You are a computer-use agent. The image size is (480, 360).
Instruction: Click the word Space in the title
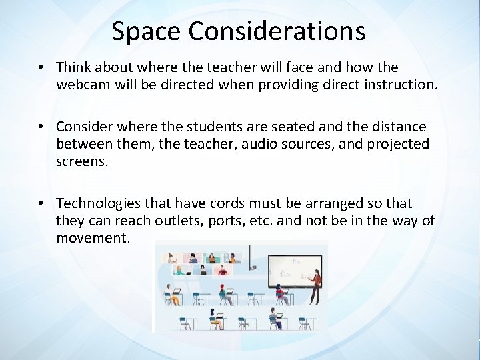coord(139,31)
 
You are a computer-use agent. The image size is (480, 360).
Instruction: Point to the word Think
coord(76,67)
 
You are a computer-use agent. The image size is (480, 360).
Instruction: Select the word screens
coord(82,162)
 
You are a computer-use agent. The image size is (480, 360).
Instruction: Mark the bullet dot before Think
coord(41,67)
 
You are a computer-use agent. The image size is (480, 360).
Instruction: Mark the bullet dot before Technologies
coord(41,203)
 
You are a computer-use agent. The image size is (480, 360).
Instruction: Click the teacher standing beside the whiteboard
coord(315,283)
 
